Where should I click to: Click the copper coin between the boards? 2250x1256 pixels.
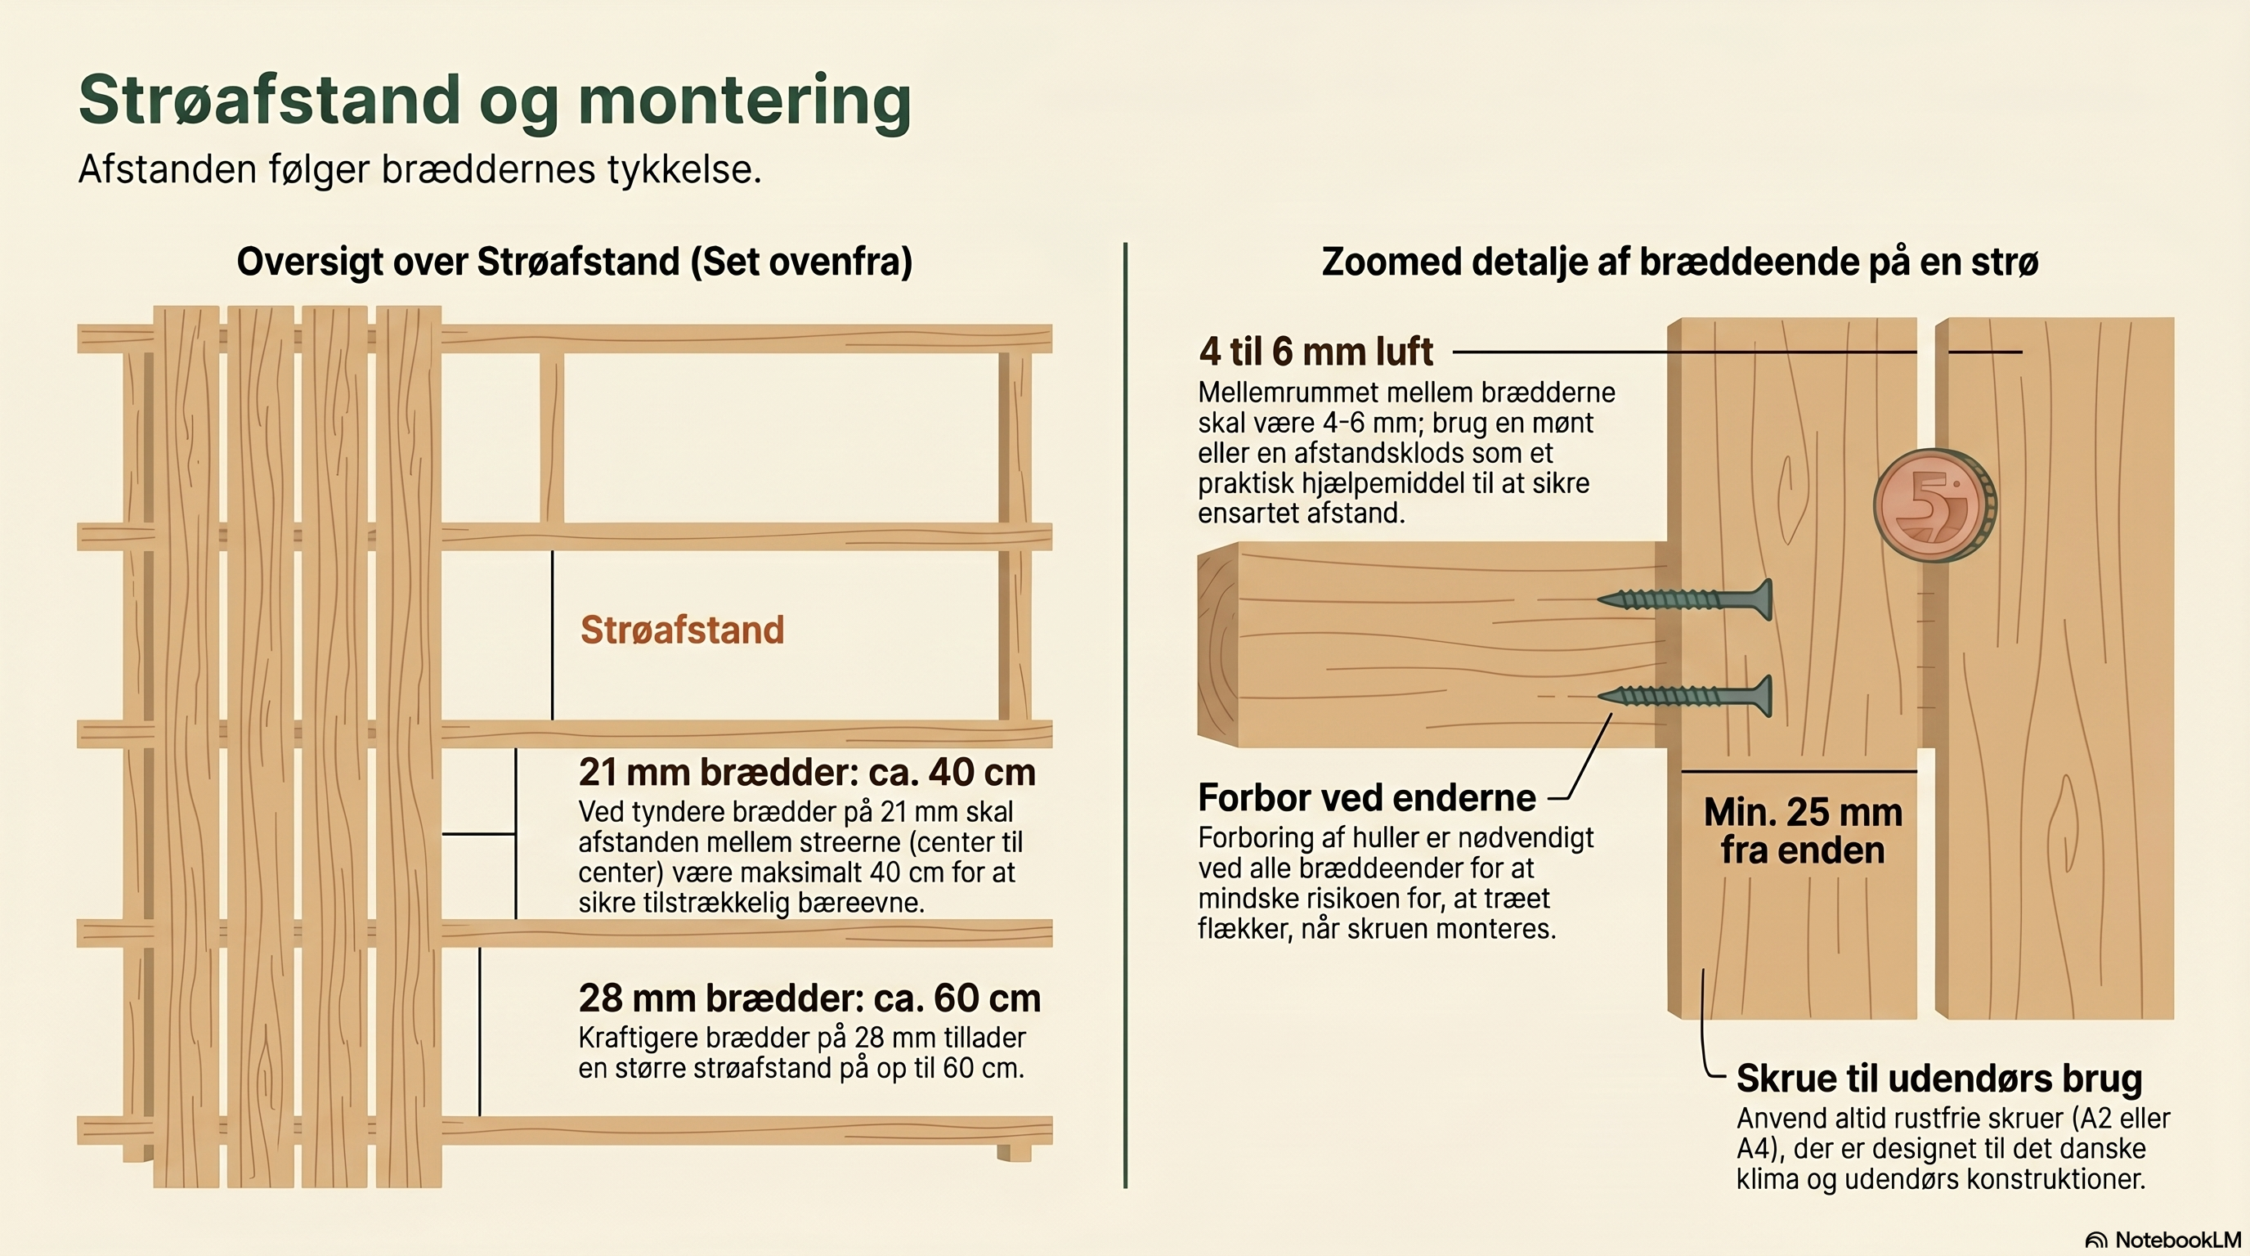click(1934, 505)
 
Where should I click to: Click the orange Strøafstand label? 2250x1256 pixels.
click(682, 630)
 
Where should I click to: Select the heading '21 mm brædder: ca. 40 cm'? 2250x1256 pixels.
click(807, 772)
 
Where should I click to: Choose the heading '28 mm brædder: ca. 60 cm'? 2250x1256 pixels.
click(809, 998)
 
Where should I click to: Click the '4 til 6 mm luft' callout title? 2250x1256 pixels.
click(1315, 351)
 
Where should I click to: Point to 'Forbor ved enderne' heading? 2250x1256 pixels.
click(1367, 797)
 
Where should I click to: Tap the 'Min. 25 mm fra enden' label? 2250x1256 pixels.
click(1803, 831)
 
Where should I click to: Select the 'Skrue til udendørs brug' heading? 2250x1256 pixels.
click(1939, 1079)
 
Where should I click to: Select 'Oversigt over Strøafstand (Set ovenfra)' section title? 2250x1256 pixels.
click(575, 262)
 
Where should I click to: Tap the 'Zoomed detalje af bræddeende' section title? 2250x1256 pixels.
click(1679, 262)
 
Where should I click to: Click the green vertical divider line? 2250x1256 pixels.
click(1125, 715)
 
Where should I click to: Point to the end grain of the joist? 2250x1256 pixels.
click(1219, 644)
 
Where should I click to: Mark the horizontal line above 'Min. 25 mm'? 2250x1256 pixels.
click(1800, 771)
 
